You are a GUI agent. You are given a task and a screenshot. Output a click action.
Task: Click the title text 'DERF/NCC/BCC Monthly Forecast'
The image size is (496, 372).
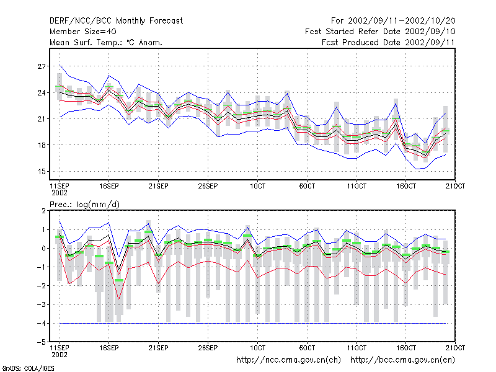pyautogui.click(x=116, y=21)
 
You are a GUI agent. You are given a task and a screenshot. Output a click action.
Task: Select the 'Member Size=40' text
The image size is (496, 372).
pyautogui.click(x=83, y=32)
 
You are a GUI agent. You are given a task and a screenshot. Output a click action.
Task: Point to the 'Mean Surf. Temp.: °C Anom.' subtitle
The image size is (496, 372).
pyautogui.click(x=106, y=42)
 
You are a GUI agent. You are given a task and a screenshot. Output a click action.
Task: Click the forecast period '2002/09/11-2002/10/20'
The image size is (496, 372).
pyautogui.click(x=401, y=21)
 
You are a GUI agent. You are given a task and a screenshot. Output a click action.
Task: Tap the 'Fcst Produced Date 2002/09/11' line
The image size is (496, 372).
pyautogui.click(x=388, y=42)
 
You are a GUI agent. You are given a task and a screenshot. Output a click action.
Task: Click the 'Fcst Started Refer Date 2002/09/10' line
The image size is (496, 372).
pyautogui.click(x=380, y=32)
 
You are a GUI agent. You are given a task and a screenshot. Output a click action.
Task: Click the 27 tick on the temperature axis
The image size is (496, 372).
pyautogui.click(x=42, y=66)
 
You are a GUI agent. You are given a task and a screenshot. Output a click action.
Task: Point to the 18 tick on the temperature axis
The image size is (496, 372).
pyautogui.click(x=42, y=145)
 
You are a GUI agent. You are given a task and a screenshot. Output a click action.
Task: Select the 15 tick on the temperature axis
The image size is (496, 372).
pyautogui.click(x=42, y=172)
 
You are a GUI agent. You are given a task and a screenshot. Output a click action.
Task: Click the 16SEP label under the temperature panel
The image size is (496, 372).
pyautogui.click(x=109, y=186)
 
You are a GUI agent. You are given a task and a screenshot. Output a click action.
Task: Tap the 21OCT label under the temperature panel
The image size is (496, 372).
pyautogui.click(x=455, y=186)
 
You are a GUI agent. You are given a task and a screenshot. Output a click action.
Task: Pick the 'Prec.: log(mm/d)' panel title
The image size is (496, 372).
pyautogui.click(x=84, y=205)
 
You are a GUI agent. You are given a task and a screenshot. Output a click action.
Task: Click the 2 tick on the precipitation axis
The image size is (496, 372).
pyautogui.click(x=43, y=211)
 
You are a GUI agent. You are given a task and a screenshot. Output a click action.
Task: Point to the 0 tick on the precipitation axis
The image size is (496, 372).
pyautogui.click(x=43, y=249)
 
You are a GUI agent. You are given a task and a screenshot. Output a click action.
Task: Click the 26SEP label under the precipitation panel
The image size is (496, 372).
pyautogui.click(x=208, y=348)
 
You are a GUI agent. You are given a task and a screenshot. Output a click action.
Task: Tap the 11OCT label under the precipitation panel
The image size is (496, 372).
pyautogui.click(x=356, y=348)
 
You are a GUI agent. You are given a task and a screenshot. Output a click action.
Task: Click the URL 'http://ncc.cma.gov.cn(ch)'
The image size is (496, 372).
pyautogui.click(x=288, y=360)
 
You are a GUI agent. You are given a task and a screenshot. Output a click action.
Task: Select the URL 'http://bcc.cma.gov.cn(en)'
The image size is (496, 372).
pyautogui.click(x=402, y=360)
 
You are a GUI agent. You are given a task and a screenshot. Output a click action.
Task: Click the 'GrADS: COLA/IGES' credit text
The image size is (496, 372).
pyautogui.click(x=28, y=368)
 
